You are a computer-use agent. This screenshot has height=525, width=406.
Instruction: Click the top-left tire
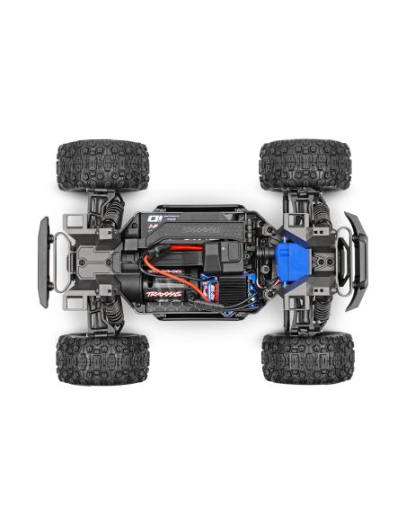(102, 165)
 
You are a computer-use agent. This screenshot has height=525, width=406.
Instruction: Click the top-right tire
(304, 165)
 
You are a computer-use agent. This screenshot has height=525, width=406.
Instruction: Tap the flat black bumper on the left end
(43, 261)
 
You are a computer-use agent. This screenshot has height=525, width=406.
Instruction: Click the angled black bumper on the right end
(357, 261)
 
